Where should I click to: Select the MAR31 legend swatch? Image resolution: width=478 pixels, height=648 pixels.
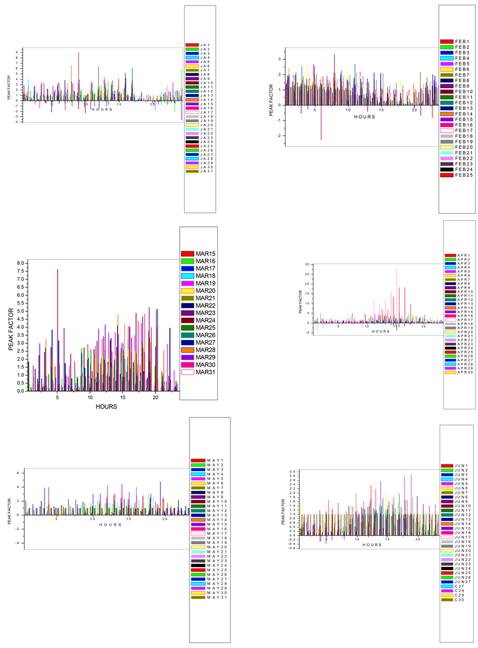tap(187, 372)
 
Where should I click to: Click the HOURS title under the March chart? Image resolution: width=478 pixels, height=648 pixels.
tap(106, 406)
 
